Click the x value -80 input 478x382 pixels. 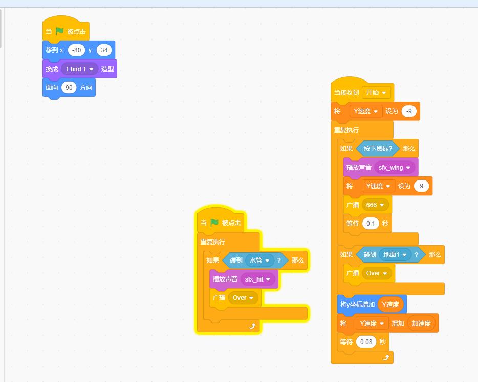pos(77,50)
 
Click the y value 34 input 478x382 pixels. pos(104,50)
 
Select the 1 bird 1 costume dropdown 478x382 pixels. pos(79,69)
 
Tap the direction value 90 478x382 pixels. pos(69,88)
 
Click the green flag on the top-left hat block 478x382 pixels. pos(60,31)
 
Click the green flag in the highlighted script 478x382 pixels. pos(214,223)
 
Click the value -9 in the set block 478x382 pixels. pos(409,111)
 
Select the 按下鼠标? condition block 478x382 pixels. pos(378,149)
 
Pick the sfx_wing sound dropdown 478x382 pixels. pos(395,167)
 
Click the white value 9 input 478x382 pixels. pos(421,186)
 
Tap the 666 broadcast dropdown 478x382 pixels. pos(375,205)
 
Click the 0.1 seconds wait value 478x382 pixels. pos(371,224)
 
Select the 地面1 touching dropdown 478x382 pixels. pos(395,255)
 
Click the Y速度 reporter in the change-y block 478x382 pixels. pos(390,305)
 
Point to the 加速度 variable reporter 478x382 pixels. pos(421,324)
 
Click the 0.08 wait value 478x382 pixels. pos(366,342)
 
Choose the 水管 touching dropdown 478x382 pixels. pos(259,260)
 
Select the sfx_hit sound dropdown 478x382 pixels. pos(257,279)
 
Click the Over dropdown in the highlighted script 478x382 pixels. pos(243,298)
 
